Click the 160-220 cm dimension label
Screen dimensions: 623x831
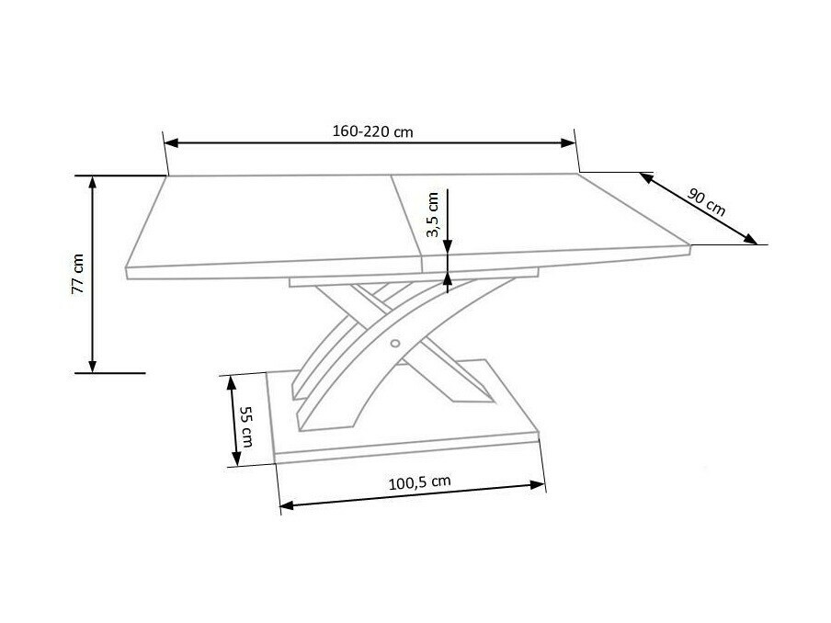click(x=372, y=131)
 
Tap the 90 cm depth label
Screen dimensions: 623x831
click(x=706, y=201)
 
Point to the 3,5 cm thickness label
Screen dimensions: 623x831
click(x=433, y=215)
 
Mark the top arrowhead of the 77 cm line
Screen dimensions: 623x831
click(x=93, y=182)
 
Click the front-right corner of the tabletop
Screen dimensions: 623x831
click(x=689, y=247)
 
